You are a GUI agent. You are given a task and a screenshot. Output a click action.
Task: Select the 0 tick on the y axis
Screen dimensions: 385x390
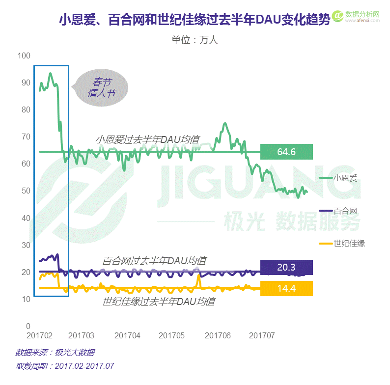[28, 326]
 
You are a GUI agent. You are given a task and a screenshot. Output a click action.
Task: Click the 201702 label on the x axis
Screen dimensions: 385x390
[39, 336]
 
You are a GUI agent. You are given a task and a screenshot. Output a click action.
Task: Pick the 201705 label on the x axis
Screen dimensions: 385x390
[171, 336]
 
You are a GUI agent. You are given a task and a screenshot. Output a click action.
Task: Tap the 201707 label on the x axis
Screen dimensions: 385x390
[261, 336]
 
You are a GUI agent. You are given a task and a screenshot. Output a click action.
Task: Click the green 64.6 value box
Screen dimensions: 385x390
[286, 152]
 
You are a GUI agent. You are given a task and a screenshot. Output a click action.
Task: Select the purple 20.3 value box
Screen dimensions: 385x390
[286, 267]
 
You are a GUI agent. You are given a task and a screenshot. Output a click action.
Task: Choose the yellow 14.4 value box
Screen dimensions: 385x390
[286, 289]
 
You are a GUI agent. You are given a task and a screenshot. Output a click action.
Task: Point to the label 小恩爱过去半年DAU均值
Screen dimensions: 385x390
[147, 140]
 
